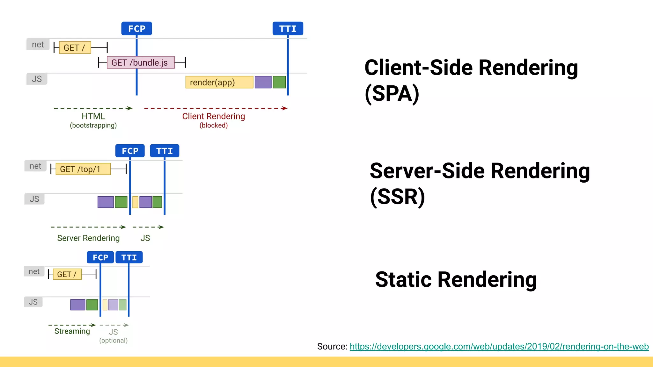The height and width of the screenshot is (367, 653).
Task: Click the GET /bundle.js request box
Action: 141,62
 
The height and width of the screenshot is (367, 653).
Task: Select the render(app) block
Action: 219,82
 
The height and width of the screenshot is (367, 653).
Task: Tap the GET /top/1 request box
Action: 83,169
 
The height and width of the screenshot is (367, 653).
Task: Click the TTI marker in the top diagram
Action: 288,29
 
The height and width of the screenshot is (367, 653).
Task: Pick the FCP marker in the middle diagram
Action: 130,151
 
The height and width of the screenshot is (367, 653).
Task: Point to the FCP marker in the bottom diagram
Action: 100,257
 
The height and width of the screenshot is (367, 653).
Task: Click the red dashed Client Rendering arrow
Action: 216,108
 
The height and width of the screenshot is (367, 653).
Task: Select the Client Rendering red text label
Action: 213,116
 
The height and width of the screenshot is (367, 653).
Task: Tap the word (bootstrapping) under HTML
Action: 93,126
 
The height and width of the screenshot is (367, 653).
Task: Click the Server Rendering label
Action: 88,238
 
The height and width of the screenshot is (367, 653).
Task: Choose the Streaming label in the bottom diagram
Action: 72,331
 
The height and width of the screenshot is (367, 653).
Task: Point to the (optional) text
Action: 113,341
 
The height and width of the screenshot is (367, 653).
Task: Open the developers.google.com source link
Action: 499,347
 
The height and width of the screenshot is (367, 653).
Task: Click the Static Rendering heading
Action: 456,280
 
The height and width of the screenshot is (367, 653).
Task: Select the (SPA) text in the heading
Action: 392,94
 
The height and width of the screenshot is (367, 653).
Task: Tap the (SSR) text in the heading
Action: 397,197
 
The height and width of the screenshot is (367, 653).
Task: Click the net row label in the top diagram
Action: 38,45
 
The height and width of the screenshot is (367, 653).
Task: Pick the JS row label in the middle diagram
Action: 34,199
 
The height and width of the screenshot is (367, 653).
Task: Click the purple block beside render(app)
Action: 263,82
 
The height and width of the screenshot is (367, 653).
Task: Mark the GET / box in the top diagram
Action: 75,48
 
